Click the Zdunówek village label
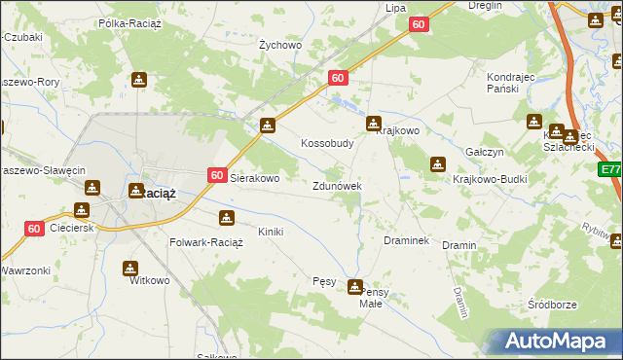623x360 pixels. coord(337,186)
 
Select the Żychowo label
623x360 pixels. coord(279,45)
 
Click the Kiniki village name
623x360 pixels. coord(270,232)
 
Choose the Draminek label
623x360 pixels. coord(407,240)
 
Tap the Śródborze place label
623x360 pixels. coord(552,305)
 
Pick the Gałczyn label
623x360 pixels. coord(484,153)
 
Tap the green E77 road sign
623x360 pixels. coord(610,169)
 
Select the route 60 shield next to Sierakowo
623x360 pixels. coord(217,175)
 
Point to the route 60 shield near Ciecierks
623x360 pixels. coord(34,229)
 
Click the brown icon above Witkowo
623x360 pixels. coord(130,268)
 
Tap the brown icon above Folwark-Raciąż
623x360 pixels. coord(227,218)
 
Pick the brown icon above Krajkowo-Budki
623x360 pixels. coord(438,164)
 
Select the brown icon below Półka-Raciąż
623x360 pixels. coord(140,80)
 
